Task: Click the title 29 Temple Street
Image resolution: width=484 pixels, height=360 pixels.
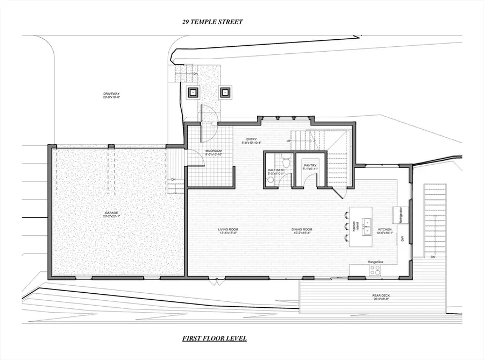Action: (213, 22)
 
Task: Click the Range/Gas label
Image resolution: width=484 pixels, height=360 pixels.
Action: (375, 262)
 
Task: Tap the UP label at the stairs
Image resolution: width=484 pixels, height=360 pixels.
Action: (289, 141)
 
